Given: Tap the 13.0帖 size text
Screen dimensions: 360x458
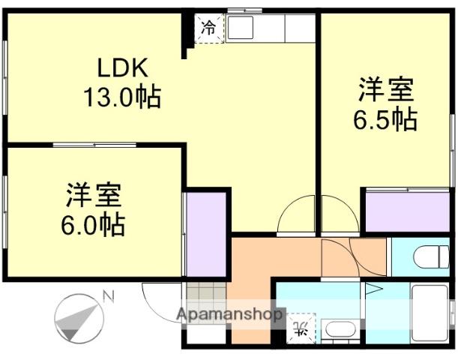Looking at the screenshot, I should pos(122,97).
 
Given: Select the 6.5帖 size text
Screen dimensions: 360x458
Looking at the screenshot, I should pos(385,119).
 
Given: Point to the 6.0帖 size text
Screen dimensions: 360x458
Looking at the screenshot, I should pos(94,223).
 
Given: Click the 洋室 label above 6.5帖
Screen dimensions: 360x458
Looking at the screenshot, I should pos(385,91).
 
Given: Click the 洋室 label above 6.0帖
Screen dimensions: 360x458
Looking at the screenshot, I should pos(94,195).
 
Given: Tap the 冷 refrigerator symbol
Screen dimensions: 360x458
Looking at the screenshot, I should pos(209,28).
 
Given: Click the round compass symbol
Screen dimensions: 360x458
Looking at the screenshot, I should pos(78,317).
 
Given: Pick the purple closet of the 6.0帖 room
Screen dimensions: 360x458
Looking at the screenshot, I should pos(205,234).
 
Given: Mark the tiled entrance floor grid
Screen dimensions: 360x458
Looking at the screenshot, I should pos(205,298).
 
